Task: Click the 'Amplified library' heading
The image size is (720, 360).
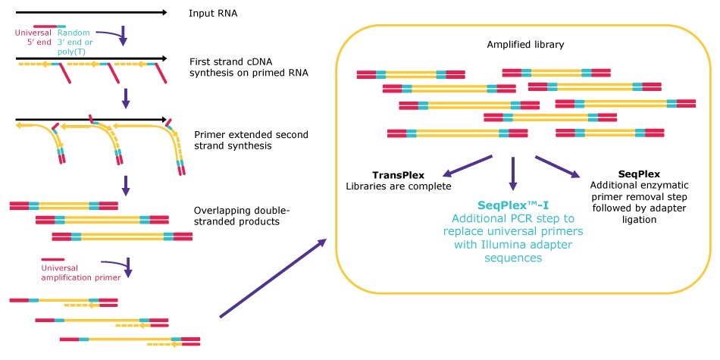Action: (516, 45)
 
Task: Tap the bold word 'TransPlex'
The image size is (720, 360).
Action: (398, 175)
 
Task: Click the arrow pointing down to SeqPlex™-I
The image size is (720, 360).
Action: (513, 174)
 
